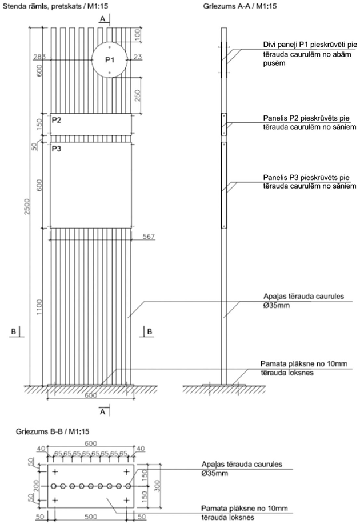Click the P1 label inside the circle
click(x=110, y=59)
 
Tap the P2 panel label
click(x=56, y=121)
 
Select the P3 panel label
click(x=56, y=149)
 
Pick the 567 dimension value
click(x=147, y=236)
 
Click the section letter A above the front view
click(x=101, y=19)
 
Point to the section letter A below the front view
click(x=101, y=411)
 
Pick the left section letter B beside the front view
click(x=12, y=330)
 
